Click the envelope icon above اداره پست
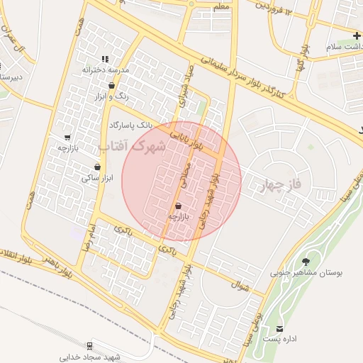pyautogui.click(x=280, y=329)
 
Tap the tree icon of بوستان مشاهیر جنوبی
pyautogui.click(x=307, y=262)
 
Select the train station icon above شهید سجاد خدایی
pyautogui.click(x=89, y=346)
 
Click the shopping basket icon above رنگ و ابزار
pyautogui.click(x=111, y=84)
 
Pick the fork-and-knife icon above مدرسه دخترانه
pyautogui.click(x=105, y=59)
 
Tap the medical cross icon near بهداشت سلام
pyautogui.click(x=357, y=35)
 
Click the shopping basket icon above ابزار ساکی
pyautogui.click(x=87, y=167)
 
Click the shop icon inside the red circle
pyautogui.click(x=177, y=206)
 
